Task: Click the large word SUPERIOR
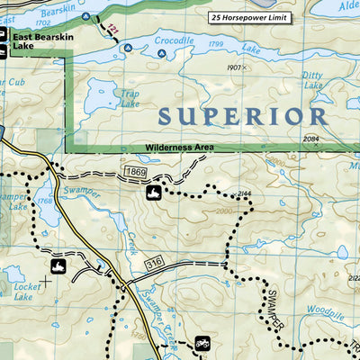click(242, 116)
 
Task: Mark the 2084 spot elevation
click(310, 139)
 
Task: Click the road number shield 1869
click(135, 170)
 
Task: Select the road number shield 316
click(154, 261)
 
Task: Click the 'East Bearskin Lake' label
click(36, 42)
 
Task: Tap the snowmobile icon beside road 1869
click(154, 192)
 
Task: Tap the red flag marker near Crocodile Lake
click(112, 31)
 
